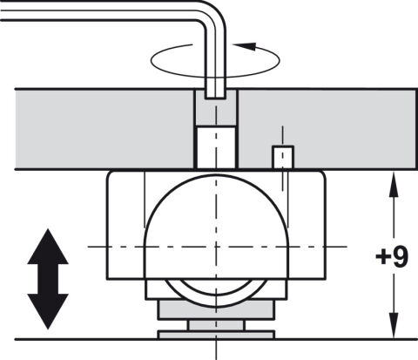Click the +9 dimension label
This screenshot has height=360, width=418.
point(392,257)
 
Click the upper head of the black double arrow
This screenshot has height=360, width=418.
point(48,247)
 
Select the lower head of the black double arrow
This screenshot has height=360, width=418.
point(48,311)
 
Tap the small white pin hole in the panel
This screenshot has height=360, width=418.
point(283,157)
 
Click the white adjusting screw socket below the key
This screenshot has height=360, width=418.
point(216,147)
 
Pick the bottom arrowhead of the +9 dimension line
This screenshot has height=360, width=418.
point(394,326)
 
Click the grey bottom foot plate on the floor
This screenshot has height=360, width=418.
point(216,335)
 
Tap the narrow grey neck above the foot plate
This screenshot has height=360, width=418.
point(216,325)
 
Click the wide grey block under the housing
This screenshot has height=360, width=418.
point(216,309)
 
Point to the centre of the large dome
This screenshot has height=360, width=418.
point(216,247)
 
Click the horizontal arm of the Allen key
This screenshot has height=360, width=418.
point(98,10)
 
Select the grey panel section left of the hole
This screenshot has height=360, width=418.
point(104,129)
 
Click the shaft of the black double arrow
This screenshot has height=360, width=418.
point(48,279)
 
